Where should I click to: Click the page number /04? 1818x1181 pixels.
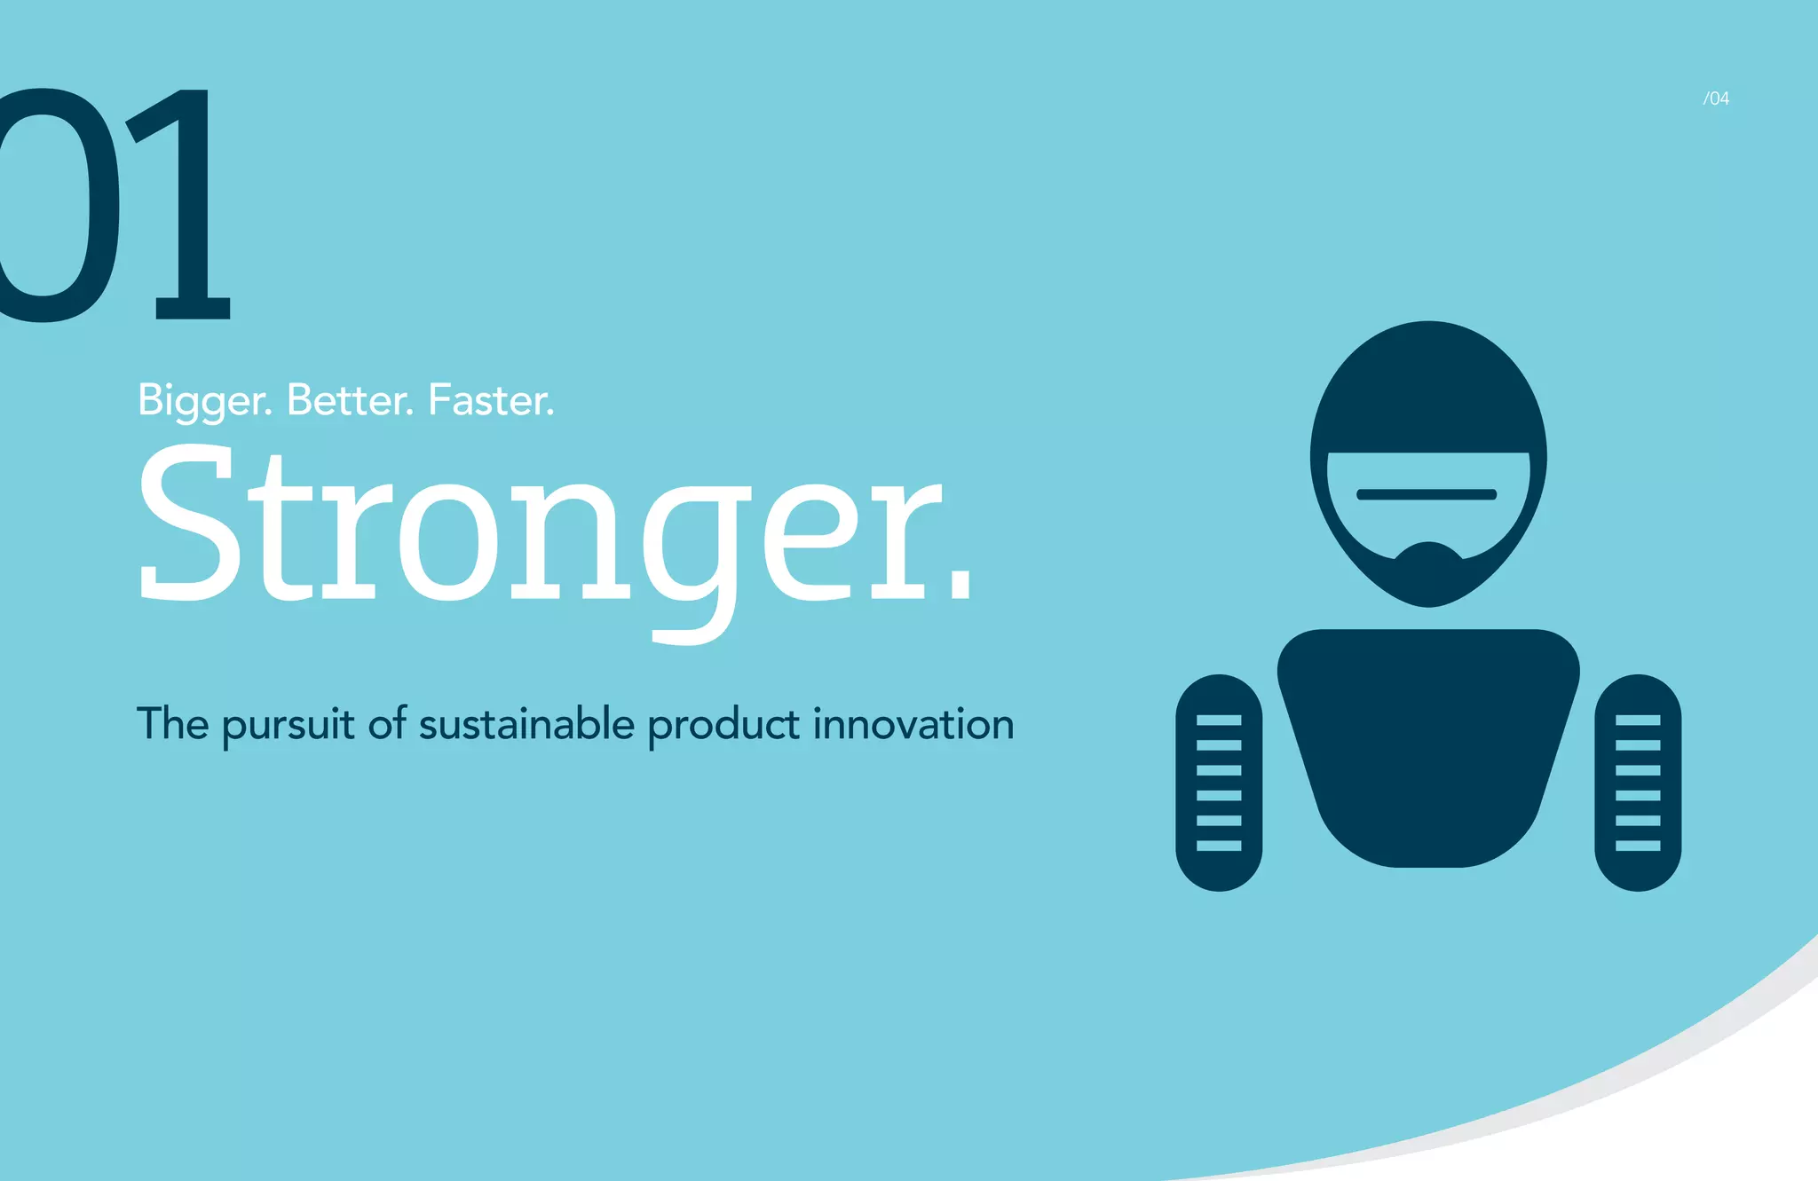tap(1716, 98)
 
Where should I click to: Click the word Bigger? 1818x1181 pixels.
tap(204, 401)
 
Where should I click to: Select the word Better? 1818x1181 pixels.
tap(350, 401)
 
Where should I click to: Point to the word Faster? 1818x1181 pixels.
tap(491, 401)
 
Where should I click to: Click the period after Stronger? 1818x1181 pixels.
tap(960, 586)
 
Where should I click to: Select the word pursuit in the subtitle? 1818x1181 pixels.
tap(289, 725)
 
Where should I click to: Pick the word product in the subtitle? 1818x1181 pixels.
tap(723, 725)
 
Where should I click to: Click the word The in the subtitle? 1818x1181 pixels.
tap(172, 723)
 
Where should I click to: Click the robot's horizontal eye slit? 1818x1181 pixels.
tap(1427, 494)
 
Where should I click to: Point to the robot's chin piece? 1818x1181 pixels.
tap(1428, 572)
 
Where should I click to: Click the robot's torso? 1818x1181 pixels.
tap(1428, 745)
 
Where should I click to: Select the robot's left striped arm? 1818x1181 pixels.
tap(1219, 782)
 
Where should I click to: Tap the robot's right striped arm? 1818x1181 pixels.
tap(1638, 782)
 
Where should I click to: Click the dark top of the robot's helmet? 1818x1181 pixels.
tap(1428, 390)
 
